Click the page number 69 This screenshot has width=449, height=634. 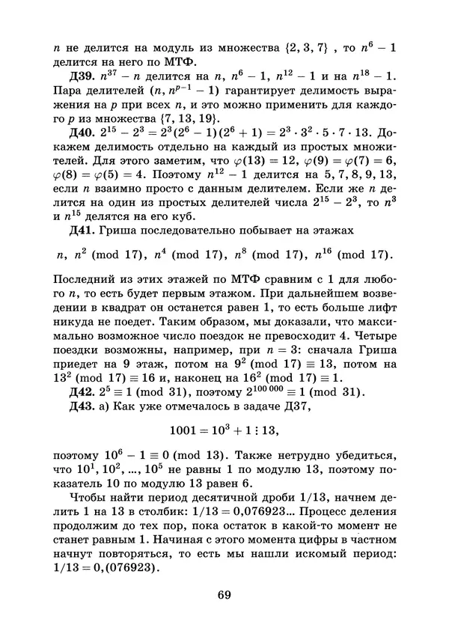click(x=224, y=596)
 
